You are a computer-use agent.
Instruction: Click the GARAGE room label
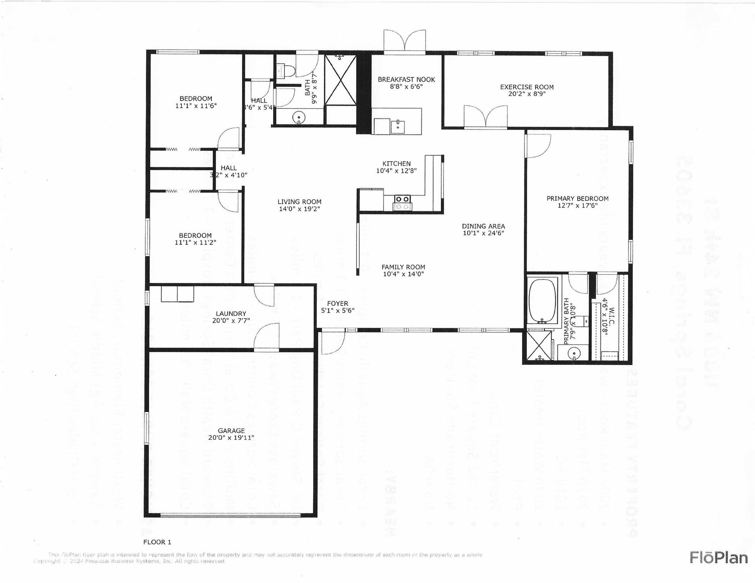point(231,430)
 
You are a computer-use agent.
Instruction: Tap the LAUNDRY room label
point(231,314)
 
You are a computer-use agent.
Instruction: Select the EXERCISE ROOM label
point(527,87)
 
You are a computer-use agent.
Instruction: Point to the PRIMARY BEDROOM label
point(577,199)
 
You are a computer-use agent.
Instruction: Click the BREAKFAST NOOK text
point(406,79)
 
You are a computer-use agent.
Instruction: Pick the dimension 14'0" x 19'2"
point(299,209)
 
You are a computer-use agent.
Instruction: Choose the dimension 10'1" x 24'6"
point(483,233)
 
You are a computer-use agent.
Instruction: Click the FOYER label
point(338,303)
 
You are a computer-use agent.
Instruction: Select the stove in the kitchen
point(402,202)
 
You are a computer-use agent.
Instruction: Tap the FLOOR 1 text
point(157,542)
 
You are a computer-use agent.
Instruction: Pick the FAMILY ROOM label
point(403,267)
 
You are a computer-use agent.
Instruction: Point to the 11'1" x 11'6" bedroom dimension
point(196,106)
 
